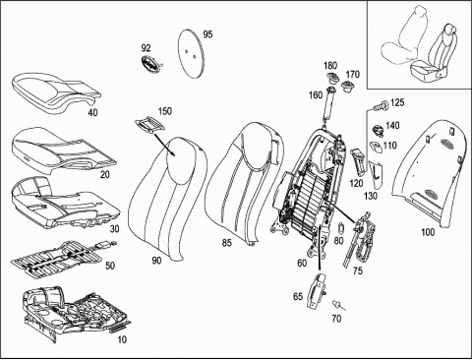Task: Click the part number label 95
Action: tap(207, 34)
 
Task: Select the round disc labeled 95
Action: tap(191, 53)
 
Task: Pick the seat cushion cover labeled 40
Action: tap(56, 91)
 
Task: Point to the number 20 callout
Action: tap(105, 175)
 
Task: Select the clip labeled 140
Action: tap(379, 130)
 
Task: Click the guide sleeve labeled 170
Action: tap(347, 87)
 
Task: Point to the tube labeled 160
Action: tap(329, 104)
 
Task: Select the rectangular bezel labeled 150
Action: tap(149, 125)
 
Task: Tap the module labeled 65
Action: tap(316, 291)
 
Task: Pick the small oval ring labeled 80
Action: tap(340, 228)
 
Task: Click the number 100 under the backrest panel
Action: tap(428, 232)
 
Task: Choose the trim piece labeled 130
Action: tap(375, 175)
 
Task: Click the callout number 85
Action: tap(226, 243)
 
